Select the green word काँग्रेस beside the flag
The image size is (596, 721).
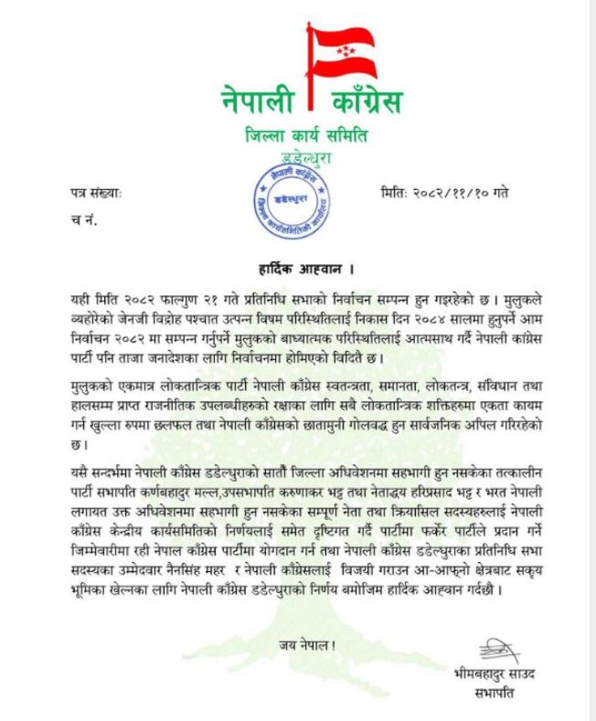tap(367, 97)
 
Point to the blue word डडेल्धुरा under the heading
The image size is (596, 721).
tap(299, 159)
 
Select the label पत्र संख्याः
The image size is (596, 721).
tap(96, 194)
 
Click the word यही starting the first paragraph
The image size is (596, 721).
tap(82, 300)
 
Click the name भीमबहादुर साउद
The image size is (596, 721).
tap(495, 675)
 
